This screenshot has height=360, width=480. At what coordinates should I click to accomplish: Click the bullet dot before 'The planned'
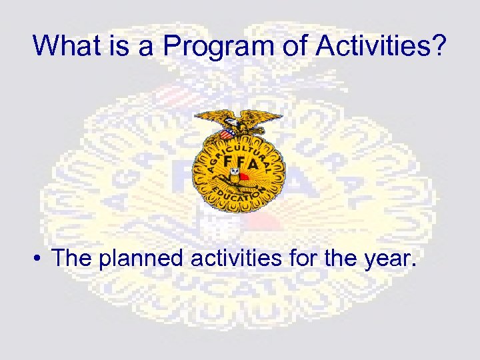click(41, 259)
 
